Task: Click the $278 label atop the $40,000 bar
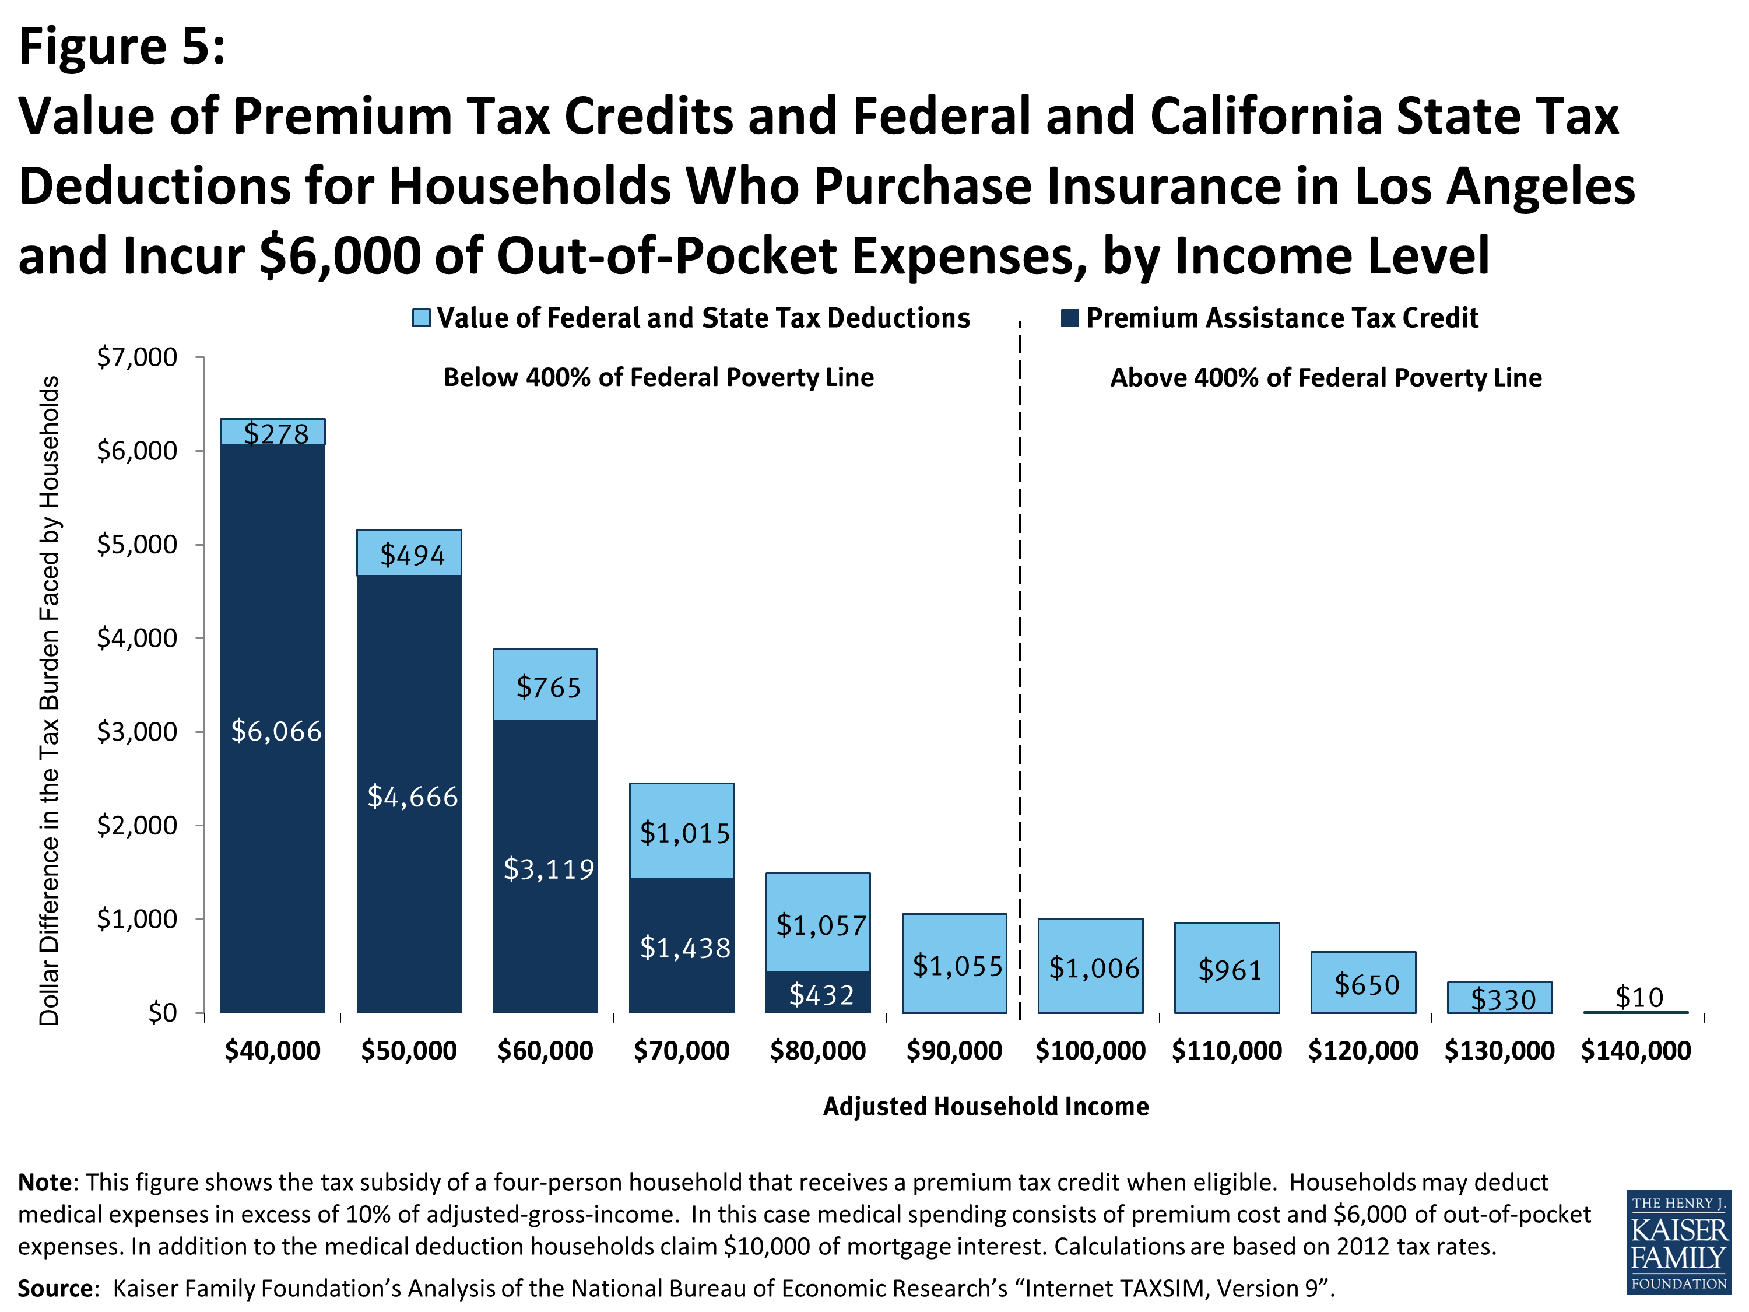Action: [x=276, y=433]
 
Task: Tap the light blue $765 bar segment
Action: [x=546, y=686]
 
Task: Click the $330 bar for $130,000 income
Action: [x=1500, y=999]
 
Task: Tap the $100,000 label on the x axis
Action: [x=1090, y=1051]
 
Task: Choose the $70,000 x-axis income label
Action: [x=682, y=1051]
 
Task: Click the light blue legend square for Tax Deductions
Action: [x=422, y=318]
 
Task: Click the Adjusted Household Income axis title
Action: [x=985, y=1106]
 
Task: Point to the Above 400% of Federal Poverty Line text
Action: [x=1325, y=377]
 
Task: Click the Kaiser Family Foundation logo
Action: [x=1678, y=1241]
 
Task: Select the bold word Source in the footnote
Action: [x=55, y=1288]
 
